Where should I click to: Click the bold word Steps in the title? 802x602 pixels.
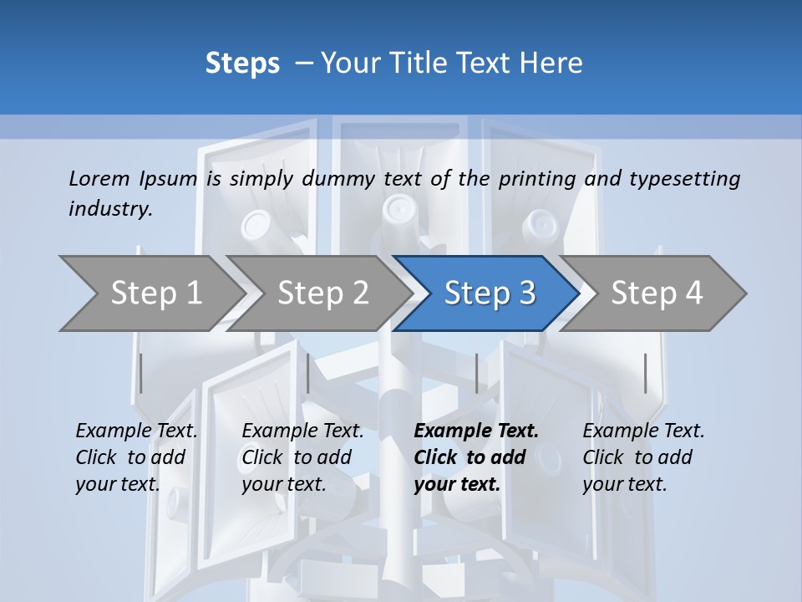pyautogui.click(x=242, y=64)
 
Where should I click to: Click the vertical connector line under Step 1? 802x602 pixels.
pyautogui.click(x=140, y=373)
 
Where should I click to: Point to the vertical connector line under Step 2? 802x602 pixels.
pyautogui.click(x=308, y=373)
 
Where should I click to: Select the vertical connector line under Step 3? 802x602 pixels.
pyautogui.click(x=476, y=373)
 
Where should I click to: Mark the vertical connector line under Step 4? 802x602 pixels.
pyautogui.click(x=645, y=373)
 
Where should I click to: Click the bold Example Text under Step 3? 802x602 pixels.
pyautogui.click(x=476, y=457)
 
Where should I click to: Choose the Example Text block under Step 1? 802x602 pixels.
pyautogui.click(x=136, y=457)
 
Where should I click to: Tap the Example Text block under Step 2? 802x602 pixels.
pyautogui.click(x=302, y=457)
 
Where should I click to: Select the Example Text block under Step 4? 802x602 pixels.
pyautogui.click(x=643, y=457)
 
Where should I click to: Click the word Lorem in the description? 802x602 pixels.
pyautogui.click(x=99, y=178)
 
